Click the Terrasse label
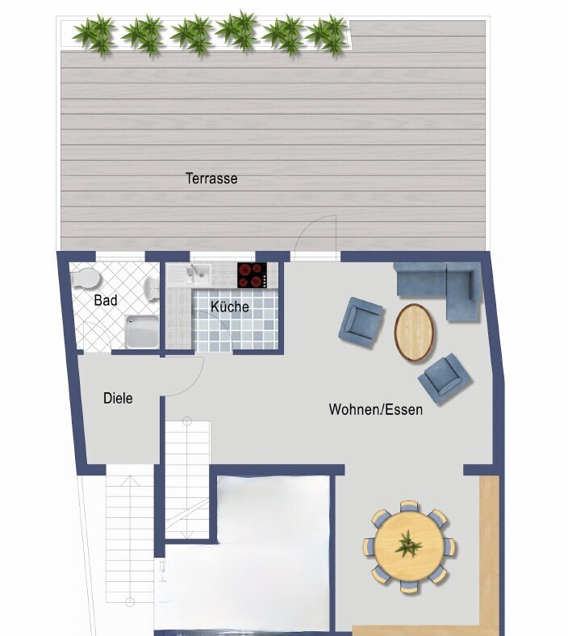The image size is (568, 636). tap(211, 178)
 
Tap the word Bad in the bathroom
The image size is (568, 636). tap(105, 300)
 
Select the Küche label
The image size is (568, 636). tap(230, 307)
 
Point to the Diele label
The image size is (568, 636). tap(118, 398)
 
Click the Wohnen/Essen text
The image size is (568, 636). tap(375, 409)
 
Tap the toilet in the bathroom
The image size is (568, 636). tap(85, 278)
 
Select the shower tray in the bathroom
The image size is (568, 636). tap(141, 331)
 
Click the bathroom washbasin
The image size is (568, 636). tap(151, 289)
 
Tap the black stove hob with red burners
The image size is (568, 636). tap(252, 274)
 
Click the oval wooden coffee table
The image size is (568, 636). tap(415, 332)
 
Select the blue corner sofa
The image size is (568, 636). tap(440, 287)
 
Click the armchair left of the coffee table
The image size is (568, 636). tap(361, 321)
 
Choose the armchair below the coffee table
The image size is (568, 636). tap(444, 378)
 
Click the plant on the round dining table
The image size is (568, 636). tap(409, 546)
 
